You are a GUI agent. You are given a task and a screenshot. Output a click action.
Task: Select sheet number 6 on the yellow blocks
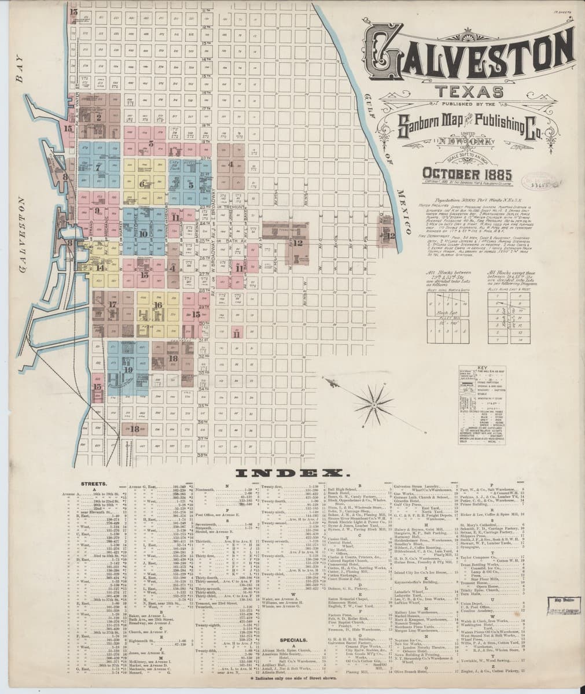pyautogui.click(x=142, y=185)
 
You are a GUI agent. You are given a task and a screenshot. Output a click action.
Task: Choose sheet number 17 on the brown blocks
pyautogui.click(x=112, y=303)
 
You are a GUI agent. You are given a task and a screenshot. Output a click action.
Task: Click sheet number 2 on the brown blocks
pyautogui.click(x=99, y=117)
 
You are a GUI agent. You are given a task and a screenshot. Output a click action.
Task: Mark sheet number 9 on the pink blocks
pyautogui.click(x=97, y=211)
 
